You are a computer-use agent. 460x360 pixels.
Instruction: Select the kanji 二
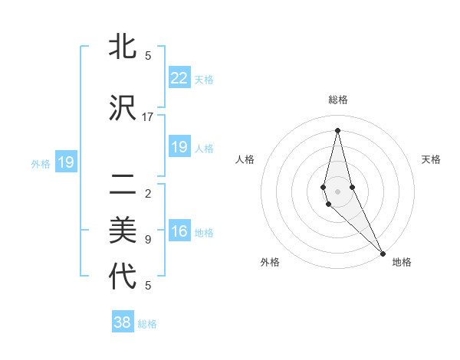(x=123, y=185)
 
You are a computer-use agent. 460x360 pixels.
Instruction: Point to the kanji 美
(x=123, y=231)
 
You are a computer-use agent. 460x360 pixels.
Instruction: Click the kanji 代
(x=123, y=277)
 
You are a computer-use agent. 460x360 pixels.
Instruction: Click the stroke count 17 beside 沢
(x=148, y=116)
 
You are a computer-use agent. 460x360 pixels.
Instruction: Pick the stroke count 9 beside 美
(x=148, y=240)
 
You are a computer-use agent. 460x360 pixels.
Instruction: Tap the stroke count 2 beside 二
(x=148, y=193)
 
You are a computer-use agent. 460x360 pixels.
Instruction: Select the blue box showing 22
(x=179, y=78)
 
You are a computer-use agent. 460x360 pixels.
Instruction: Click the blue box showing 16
(x=179, y=231)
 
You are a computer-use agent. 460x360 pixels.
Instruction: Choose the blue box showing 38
(x=123, y=322)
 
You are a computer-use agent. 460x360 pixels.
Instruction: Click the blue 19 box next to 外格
(x=66, y=162)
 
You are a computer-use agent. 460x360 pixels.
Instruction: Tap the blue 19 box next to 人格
(x=179, y=147)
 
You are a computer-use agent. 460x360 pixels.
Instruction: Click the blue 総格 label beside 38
(x=147, y=324)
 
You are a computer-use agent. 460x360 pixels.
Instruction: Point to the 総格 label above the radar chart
(x=337, y=100)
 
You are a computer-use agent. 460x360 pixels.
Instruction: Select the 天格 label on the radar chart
(x=431, y=159)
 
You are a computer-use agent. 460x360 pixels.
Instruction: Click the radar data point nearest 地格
(x=383, y=253)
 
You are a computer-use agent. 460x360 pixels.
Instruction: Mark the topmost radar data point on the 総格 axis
(x=337, y=130)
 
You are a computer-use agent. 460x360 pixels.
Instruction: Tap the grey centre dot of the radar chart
(x=337, y=191)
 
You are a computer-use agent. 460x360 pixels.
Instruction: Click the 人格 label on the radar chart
(x=245, y=159)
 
